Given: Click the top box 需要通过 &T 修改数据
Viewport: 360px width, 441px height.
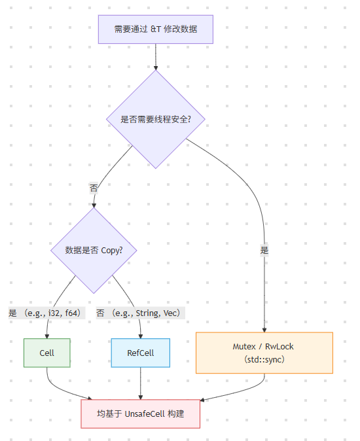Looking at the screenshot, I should [156, 29].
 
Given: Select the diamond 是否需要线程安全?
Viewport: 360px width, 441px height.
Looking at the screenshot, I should [156, 119].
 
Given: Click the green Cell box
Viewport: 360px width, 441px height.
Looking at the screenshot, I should [47, 353].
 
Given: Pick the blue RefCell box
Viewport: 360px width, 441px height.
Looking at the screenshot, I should [140, 353].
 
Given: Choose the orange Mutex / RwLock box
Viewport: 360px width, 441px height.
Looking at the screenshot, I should [264, 353].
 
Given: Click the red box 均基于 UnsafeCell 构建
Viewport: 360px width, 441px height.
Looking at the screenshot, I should [140, 414].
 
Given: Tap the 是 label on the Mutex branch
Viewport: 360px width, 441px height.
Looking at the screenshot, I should [264, 250].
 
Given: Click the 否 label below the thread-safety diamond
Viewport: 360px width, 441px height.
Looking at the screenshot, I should [94, 187].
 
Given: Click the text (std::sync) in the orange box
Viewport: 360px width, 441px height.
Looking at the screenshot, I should [264, 359].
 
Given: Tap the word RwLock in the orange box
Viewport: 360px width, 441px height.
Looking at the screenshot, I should [281, 346].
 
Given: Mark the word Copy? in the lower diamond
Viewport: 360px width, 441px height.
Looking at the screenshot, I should [112, 250].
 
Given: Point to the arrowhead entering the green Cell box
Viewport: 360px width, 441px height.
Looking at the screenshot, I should [47, 335].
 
